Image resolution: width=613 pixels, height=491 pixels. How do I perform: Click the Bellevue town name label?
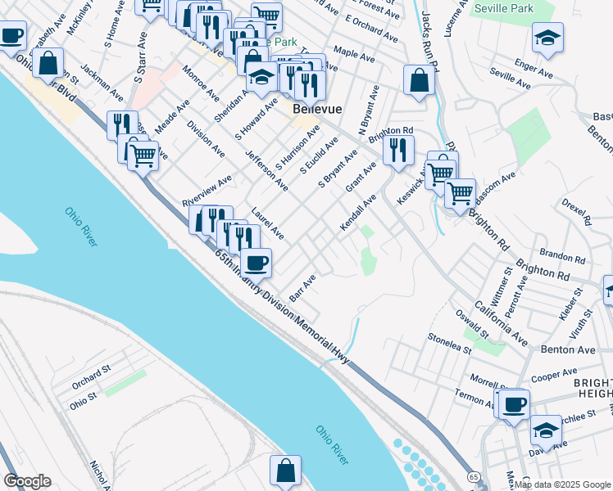click(317, 109)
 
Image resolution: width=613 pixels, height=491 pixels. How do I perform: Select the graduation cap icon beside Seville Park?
click(547, 38)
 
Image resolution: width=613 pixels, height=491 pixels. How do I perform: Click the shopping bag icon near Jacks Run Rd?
click(419, 81)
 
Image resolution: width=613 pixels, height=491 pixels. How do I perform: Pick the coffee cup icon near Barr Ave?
click(256, 263)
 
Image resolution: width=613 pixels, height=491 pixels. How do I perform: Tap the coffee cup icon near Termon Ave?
click(514, 404)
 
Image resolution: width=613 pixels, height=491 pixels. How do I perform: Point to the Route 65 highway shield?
click(475, 475)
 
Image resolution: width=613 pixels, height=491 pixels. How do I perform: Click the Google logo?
click(27, 480)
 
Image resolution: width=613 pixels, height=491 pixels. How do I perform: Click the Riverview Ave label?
click(207, 190)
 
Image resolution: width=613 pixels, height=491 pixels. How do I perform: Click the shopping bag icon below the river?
click(285, 471)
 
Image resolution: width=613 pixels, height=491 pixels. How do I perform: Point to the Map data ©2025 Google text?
click(562, 484)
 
